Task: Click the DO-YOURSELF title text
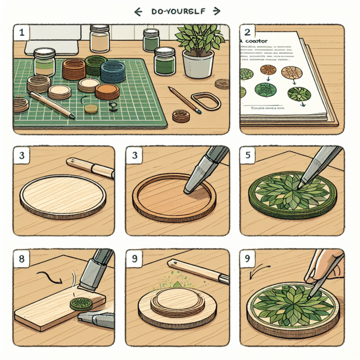click(x=180, y=11)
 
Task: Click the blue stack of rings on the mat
click(x=112, y=72)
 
